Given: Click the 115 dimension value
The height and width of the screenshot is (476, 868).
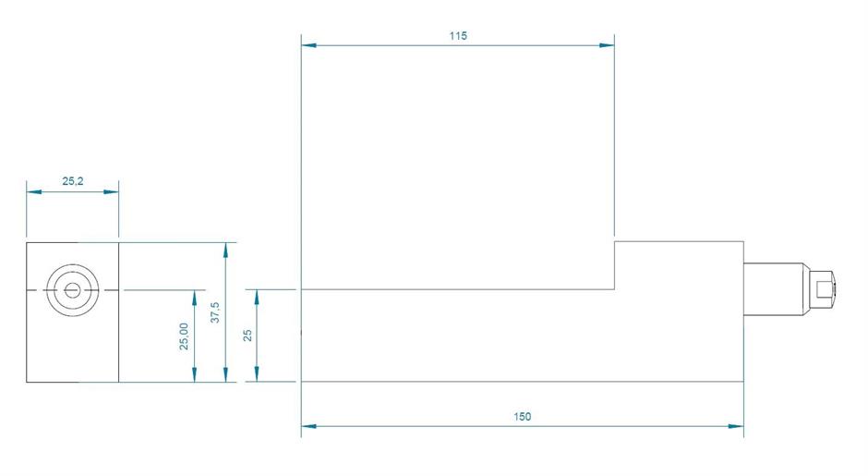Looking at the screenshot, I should click(x=459, y=36).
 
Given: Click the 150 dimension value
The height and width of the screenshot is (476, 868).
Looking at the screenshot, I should click(x=522, y=417).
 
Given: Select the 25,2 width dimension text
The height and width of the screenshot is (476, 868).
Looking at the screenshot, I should click(x=73, y=182).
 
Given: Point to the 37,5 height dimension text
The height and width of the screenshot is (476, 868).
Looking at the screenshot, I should click(x=215, y=311).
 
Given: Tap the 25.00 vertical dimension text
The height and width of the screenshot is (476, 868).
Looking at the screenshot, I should click(x=184, y=336).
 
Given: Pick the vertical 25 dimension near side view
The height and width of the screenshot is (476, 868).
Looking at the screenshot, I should click(x=247, y=335).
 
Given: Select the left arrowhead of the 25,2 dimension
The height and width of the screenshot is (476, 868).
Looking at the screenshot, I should click(x=33, y=191).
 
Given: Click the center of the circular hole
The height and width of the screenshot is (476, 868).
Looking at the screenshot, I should click(x=72, y=290).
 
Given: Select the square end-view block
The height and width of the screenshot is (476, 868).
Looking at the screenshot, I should click(x=72, y=311).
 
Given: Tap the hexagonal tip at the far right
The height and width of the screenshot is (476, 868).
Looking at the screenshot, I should click(x=822, y=289).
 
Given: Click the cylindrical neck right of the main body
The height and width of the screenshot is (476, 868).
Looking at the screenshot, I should click(x=774, y=289).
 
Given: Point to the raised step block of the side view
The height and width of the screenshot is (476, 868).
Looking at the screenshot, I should click(x=679, y=265).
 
